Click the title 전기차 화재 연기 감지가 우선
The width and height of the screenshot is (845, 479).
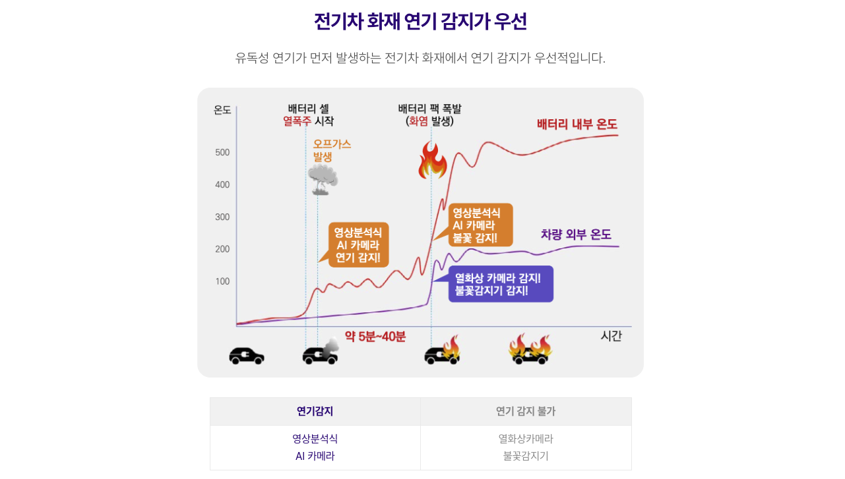[x=420, y=22]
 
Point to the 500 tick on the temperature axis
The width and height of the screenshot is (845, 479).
[x=222, y=153]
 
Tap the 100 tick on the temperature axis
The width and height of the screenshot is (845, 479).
[x=222, y=281]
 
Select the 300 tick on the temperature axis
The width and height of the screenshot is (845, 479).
[x=222, y=217]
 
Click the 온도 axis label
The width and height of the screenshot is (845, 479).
[x=222, y=110]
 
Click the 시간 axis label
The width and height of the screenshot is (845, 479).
[x=611, y=336]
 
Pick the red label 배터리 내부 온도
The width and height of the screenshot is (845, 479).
[x=577, y=124]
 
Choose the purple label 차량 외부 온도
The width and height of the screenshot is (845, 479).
[x=576, y=235]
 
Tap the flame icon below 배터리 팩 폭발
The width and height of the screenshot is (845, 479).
[x=433, y=162]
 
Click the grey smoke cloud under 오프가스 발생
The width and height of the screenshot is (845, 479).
[x=323, y=179]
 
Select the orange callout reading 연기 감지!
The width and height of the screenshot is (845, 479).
[x=358, y=244]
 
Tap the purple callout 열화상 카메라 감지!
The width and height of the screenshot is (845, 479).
[x=500, y=284]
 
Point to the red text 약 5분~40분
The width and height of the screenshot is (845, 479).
[x=375, y=337]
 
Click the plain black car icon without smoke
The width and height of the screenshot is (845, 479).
[x=247, y=356]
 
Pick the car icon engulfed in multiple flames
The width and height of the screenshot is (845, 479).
[x=530, y=350]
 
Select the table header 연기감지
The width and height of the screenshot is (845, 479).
[x=315, y=411]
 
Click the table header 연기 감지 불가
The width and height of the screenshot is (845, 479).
[x=526, y=411]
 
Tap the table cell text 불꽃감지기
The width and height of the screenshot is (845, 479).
[x=526, y=455]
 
